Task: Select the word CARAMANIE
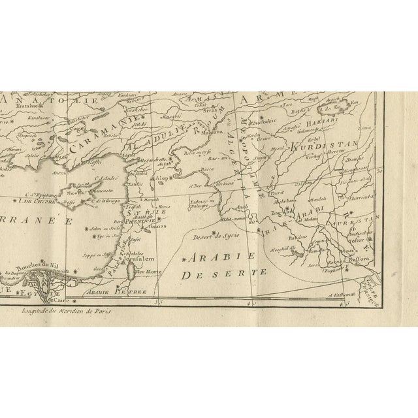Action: coord(99,141)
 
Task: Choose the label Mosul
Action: coord(271,148)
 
